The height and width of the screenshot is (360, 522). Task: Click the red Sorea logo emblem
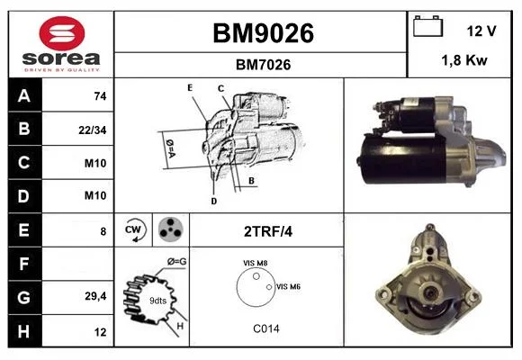(62, 33)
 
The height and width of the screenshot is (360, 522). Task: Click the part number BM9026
(263, 33)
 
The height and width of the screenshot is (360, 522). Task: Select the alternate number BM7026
(263, 65)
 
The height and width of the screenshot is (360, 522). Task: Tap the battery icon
(427, 26)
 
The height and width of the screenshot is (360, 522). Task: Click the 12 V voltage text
(481, 31)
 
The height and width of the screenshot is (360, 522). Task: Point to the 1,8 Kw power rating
(464, 60)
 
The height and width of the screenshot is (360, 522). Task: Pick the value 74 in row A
(100, 96)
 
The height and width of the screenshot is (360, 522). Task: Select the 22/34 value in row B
(93, 130)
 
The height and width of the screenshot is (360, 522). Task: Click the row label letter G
(24, 297)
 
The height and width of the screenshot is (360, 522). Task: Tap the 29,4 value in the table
(95, 296)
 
